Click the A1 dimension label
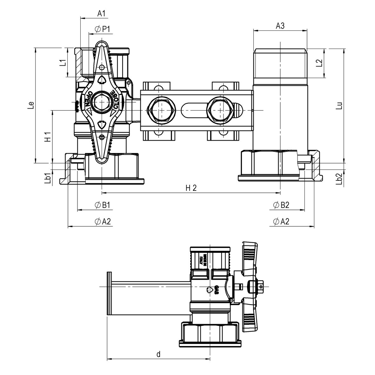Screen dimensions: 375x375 [x=101, y=13]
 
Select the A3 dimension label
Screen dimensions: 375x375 [x=280, y=26]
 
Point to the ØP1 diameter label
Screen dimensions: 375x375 [x=102, y=29]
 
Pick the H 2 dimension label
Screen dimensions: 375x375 [x=191, y=188]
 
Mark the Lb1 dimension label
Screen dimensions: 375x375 [x=47, y=178]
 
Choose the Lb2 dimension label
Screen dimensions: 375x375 [x=339, y=179]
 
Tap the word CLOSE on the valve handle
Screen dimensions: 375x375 [x=114, y=99]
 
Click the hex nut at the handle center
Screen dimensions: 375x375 [x=102, y=103]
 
